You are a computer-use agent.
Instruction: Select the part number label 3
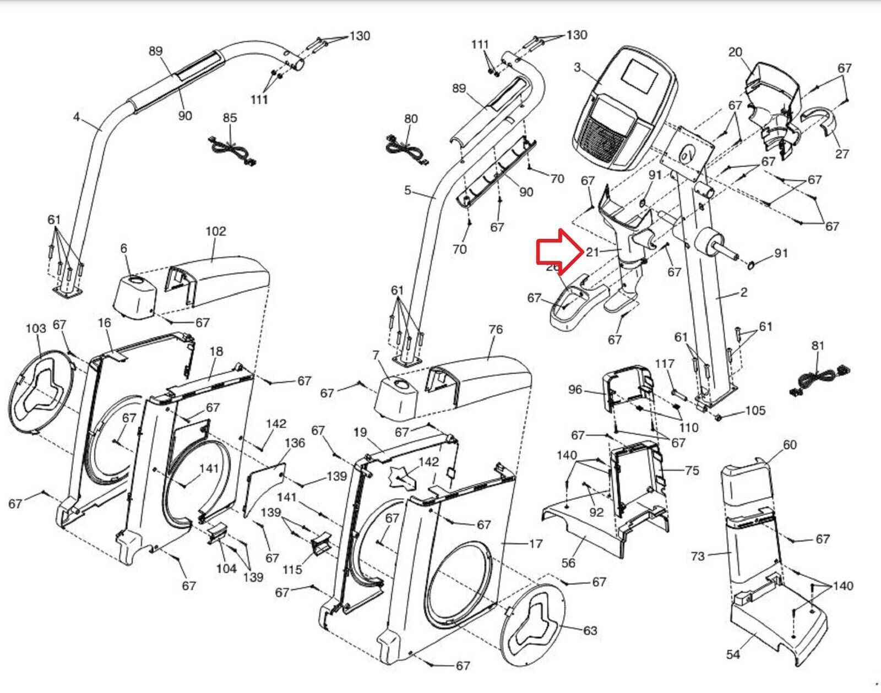click(x=577, y=68)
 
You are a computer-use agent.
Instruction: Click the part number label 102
click(x=215, y=231)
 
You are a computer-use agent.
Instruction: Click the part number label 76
click(x=496, y=329)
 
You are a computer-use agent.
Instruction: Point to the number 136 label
click(x=295, y=443)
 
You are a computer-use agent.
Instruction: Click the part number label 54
click(x=733, y=654)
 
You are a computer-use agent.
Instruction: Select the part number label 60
click(x=790, y=444)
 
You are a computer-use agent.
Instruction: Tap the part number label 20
click(x=735, y=52)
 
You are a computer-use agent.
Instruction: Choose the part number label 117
click(x=665, y=363)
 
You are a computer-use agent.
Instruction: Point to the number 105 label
click(x=755, y=411)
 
